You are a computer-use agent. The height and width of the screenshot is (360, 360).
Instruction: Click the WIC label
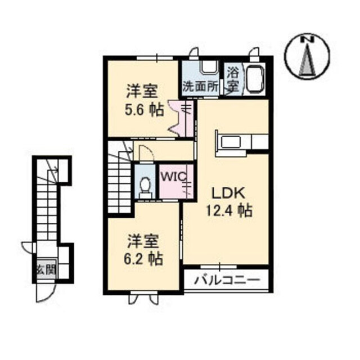[x=174, y=177]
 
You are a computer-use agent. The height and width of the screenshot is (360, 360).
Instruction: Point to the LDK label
[x=228, y=193]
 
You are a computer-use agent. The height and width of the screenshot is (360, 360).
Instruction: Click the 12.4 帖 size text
[x=229, y=210]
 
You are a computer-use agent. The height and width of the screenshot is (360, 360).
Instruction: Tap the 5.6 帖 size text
[x=144, y=110]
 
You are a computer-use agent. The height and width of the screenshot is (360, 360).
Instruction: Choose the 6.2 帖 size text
[x=143, y=259]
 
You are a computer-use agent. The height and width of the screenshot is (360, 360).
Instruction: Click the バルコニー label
[x=227, y=280]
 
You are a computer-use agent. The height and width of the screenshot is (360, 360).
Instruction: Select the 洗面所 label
[x=200, y=87]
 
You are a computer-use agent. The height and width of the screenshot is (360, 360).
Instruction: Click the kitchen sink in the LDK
[x=231, y=142]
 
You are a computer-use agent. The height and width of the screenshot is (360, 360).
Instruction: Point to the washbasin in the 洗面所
[x=209, y=67]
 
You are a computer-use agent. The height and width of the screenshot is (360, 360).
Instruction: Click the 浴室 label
[x=232, y=80]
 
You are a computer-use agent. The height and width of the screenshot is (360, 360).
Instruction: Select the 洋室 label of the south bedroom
[x=143, y=241]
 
